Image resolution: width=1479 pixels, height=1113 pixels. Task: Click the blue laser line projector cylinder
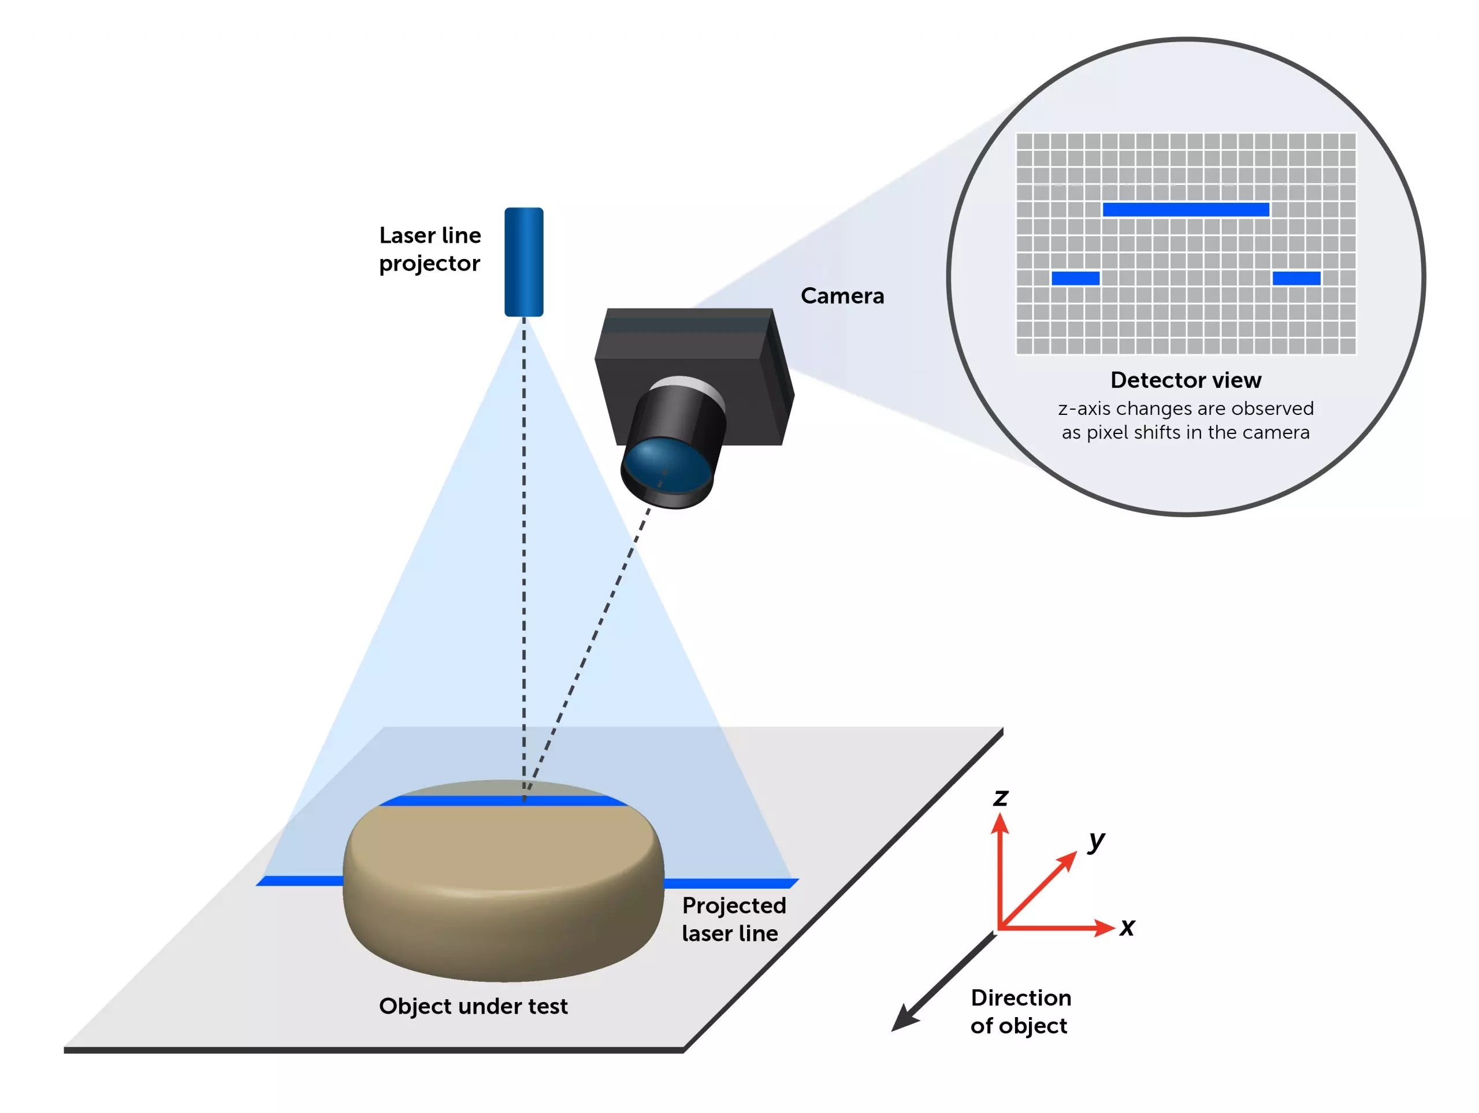(x=523, y=262)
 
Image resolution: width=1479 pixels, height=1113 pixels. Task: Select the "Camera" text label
(x=842, y=296)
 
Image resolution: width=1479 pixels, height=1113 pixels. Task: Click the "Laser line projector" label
(x=429, y=249)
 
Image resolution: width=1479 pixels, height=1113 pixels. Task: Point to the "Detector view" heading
(x=1186, y=380)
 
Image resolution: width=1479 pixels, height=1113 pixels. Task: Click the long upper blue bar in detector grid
(x=1186, y=209)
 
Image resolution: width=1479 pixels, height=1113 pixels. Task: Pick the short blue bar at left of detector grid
(x=1075, y=279)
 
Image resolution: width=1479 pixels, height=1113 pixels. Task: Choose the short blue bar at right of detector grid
(x=1296, y=279)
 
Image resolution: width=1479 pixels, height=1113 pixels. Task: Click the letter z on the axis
(x=1000, y=797)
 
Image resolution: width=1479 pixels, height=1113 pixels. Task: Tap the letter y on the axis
(x=1097, y=840)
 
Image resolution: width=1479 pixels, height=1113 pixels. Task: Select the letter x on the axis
(x=1127, y=927)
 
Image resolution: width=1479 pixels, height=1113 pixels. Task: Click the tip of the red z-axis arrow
(x=999, y=817)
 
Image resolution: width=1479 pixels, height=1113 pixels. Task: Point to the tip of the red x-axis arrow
(x=1113, y=927)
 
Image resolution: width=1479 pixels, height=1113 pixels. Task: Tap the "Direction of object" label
(x=1020, y=1011)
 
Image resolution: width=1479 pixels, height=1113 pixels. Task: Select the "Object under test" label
(x=473, y=1006)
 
